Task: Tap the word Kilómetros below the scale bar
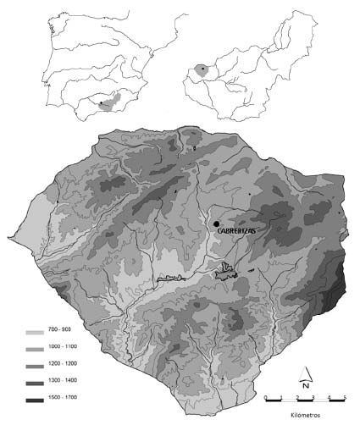click(306, 417)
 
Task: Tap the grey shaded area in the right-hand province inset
click(203, 69)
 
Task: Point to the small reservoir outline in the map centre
click(227, 271)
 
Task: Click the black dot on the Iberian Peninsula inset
click(101, 104)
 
